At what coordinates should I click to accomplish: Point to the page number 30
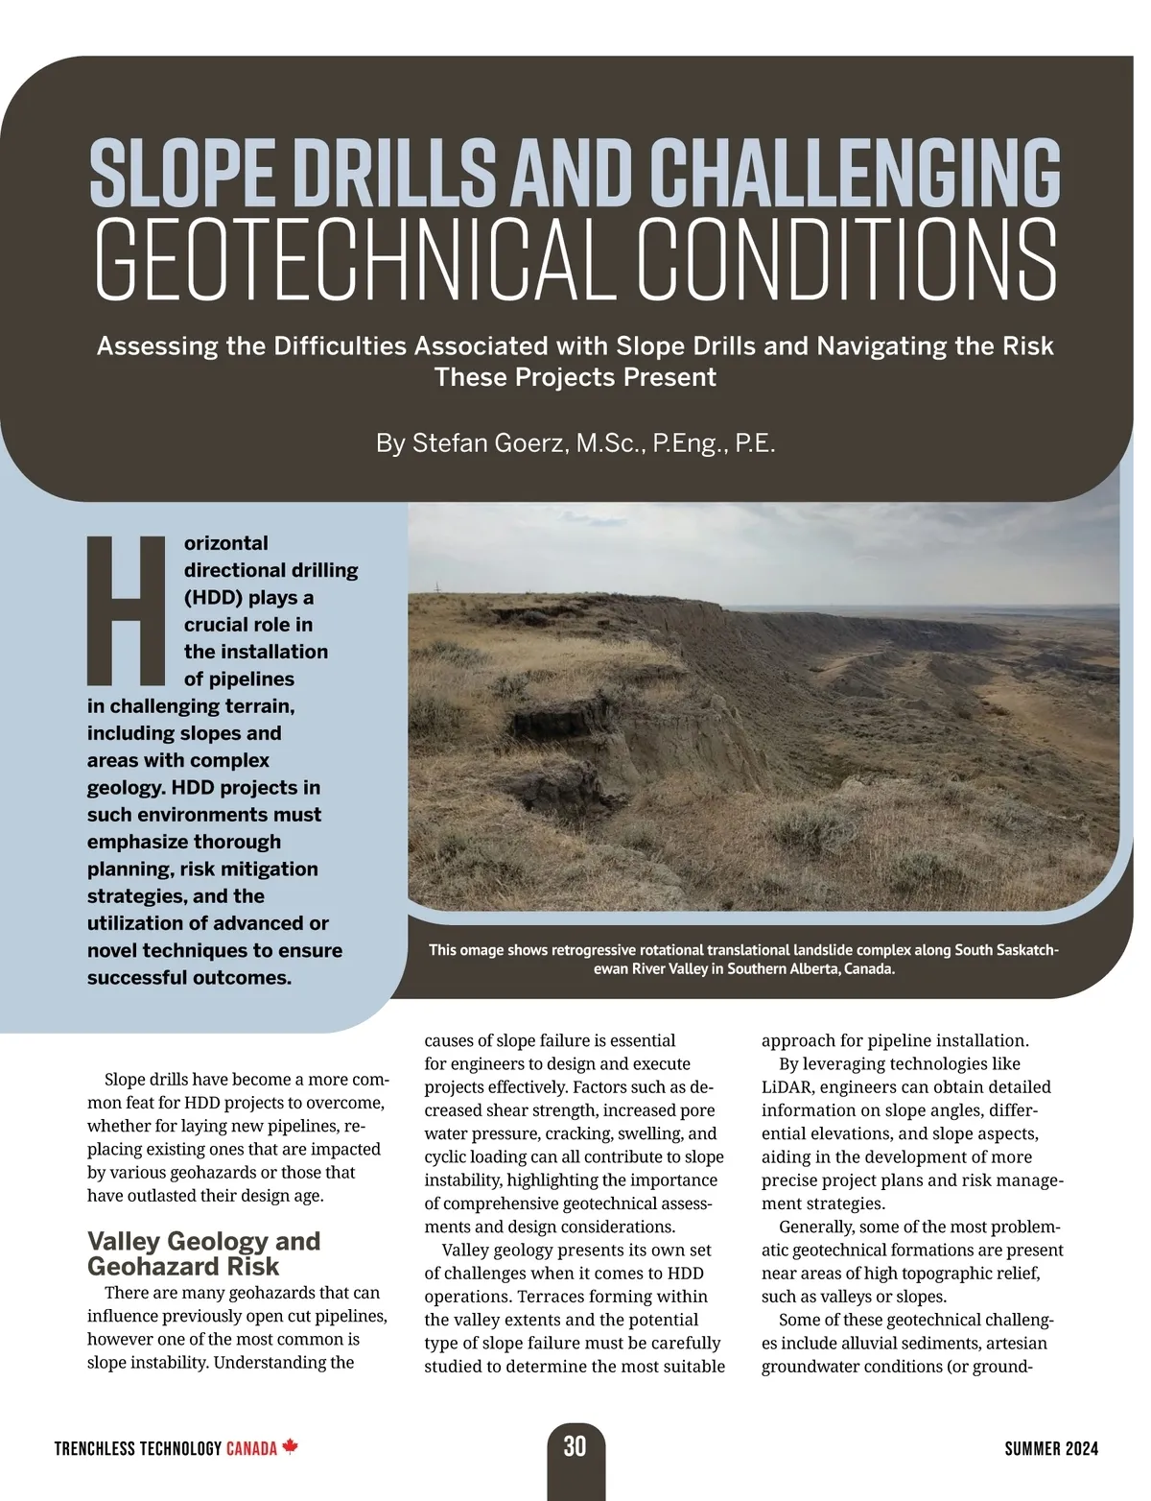point(575,1446)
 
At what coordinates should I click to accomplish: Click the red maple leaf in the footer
point(291,1447)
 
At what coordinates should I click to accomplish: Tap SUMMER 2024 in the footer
point(1051,1448)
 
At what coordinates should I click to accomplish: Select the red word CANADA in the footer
point(251,1448)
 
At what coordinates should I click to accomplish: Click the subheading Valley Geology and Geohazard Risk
point(203,1252)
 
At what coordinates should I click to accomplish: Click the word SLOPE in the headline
point(183,172)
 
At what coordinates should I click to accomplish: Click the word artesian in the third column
point(1015,1343)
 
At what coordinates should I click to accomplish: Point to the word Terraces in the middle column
point(552,1297)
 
